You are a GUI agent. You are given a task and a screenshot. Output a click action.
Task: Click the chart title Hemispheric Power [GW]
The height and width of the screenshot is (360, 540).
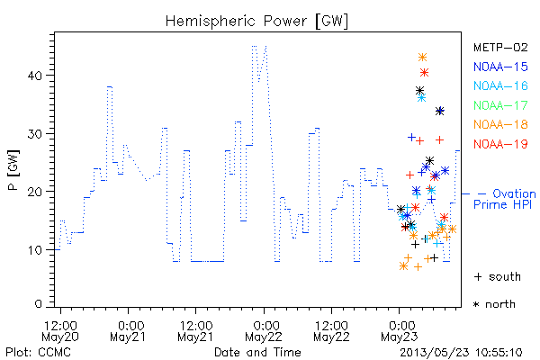[x=256, y=22]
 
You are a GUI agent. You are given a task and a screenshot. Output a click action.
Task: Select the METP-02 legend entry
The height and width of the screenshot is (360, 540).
[x=500, y=47]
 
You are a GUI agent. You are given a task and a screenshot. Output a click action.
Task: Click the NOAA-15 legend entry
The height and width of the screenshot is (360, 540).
[x=500, y=67]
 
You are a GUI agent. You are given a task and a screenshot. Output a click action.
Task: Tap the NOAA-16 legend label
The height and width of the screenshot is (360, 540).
[x=500, y=85]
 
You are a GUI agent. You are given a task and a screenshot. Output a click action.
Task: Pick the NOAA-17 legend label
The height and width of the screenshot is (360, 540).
[x=500, y=105]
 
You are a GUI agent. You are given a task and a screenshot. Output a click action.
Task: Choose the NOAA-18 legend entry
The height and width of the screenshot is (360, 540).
[x=500, y=124]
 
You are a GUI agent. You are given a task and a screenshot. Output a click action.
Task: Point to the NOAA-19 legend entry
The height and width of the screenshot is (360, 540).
[x=500, y=144]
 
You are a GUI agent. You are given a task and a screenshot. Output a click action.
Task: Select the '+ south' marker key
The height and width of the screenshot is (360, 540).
[x=498, y=276]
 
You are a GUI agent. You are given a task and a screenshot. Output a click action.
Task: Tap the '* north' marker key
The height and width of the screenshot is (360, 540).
[x=494, y=304]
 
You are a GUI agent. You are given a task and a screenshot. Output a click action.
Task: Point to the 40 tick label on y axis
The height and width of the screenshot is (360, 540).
[x=35, y=76]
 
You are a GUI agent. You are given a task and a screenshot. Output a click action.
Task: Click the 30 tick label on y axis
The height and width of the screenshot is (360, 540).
[x=35, y=134]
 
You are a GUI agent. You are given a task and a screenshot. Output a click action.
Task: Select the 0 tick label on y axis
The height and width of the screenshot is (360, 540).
[x=39, y=304]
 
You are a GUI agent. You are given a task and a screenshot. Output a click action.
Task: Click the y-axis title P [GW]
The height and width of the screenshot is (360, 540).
[x=14, y=170]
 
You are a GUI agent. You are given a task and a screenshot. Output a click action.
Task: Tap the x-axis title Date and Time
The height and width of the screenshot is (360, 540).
[x=257, y=352]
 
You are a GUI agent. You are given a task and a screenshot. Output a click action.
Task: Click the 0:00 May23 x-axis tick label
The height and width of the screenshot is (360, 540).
[x=400, y=331]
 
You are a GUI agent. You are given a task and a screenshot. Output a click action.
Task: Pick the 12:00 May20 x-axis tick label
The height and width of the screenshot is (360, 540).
[x=60, y=331]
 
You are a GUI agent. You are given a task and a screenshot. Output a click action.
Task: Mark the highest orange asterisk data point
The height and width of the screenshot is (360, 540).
[x=422, y=58]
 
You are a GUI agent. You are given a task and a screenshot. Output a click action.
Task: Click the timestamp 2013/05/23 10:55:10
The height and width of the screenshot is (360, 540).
[x=461, y=353]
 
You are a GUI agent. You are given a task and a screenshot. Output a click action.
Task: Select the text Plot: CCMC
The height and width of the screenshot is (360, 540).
[x=38, y=352]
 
